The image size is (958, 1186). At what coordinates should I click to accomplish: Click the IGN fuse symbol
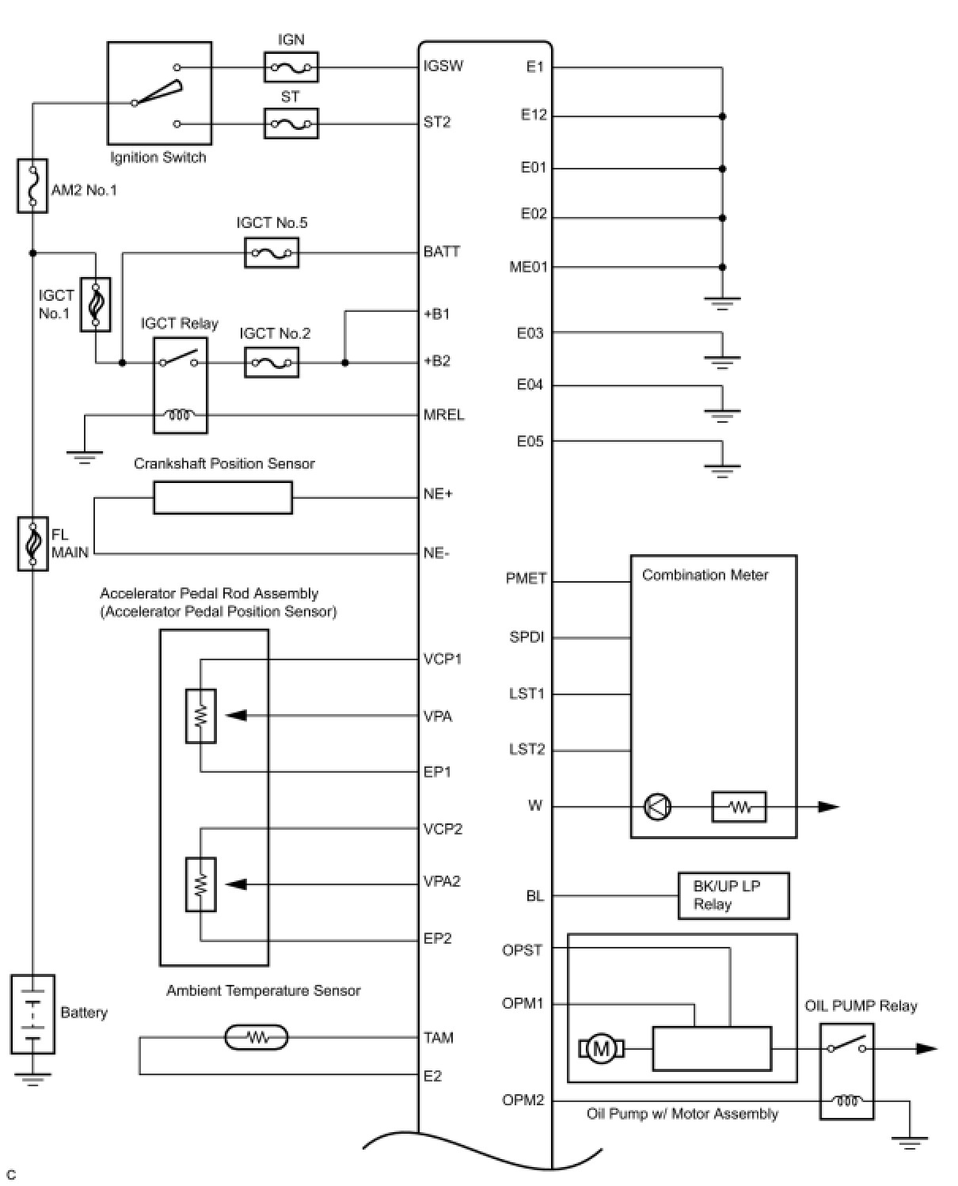tap(291, 67)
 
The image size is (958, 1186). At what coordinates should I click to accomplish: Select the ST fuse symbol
tap(291, 124)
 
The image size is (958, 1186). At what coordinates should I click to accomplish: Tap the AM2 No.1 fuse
tap(32, 186)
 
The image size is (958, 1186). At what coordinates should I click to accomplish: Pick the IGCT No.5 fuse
tap(272, 254)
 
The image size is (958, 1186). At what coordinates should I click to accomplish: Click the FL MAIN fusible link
tap(32, 544)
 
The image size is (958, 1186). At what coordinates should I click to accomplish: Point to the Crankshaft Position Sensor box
tap(222, 498)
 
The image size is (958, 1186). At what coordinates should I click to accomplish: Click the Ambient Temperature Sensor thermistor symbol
tap(257, 1037)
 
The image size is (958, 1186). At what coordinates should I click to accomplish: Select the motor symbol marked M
tap(601, 1050)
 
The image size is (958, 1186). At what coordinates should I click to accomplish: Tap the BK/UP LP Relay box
tap(733, 895)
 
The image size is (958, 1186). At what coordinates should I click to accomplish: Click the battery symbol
tap(32, 1014)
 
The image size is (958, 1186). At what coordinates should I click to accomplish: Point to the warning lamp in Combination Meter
tap(658, 807)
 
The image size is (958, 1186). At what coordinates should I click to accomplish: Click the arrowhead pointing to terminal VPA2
tap(235, 884)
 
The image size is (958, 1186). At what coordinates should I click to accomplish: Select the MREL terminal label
tap(443, 415)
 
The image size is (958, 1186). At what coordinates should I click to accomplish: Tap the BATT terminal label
tap(441, 252)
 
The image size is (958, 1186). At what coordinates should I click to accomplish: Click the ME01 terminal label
tap(527, 267)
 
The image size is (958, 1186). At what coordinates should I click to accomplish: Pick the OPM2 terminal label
tap(523, 1100)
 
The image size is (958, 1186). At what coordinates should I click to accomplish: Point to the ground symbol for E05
tap(722, 470)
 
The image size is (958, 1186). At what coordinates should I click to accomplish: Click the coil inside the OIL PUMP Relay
tap(846, 1100)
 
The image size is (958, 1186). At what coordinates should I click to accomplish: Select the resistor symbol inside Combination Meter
tap(739, 807)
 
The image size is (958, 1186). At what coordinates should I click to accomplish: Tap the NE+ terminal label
tap(438, 494)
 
